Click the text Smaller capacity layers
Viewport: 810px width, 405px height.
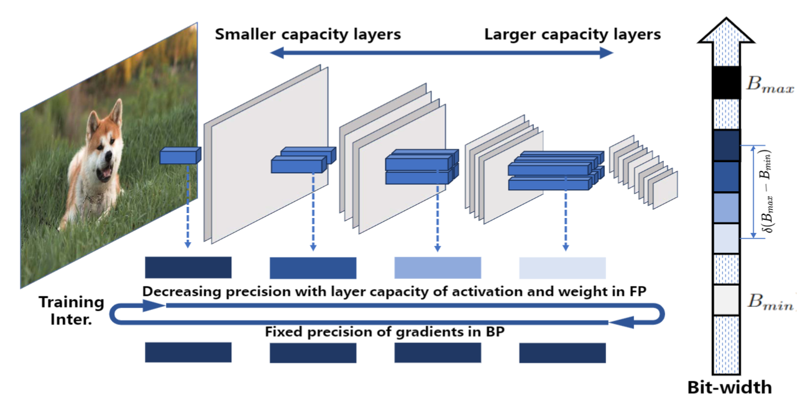point(308,34)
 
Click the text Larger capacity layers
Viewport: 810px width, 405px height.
point(572,34)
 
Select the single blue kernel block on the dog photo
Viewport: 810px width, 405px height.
point(180,156)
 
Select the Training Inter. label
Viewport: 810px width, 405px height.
point(71,309)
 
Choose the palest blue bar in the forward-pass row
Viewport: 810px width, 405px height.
point(562,268)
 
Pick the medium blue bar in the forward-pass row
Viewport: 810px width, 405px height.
point(313,268)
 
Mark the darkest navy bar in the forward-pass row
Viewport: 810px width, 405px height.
point(188,268)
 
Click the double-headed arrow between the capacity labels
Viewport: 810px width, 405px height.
point(442,54)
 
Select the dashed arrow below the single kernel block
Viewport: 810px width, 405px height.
point(188,205)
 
